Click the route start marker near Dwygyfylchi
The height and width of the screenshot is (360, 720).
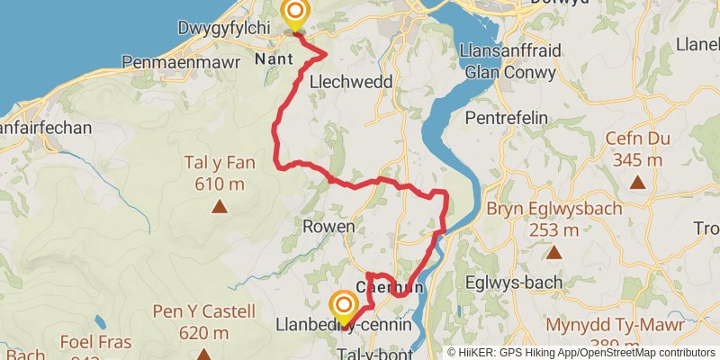(294, 14)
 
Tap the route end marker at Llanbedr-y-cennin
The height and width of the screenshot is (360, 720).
(343, 306)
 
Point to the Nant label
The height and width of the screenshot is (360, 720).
(273, 58)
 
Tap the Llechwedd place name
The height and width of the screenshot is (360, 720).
(349, 82)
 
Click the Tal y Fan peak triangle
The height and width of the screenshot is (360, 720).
(219, 207)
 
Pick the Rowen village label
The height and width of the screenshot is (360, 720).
(328, 226)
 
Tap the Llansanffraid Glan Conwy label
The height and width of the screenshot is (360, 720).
(510, 60)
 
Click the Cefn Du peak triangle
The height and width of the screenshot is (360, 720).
(638, 184)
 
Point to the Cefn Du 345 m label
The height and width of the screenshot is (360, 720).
(638, 149)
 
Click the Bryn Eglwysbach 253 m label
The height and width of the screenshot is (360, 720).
(553, 220)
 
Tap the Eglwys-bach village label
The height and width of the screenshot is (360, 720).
(514, 282)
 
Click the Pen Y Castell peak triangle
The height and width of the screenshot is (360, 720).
(202, 355)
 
